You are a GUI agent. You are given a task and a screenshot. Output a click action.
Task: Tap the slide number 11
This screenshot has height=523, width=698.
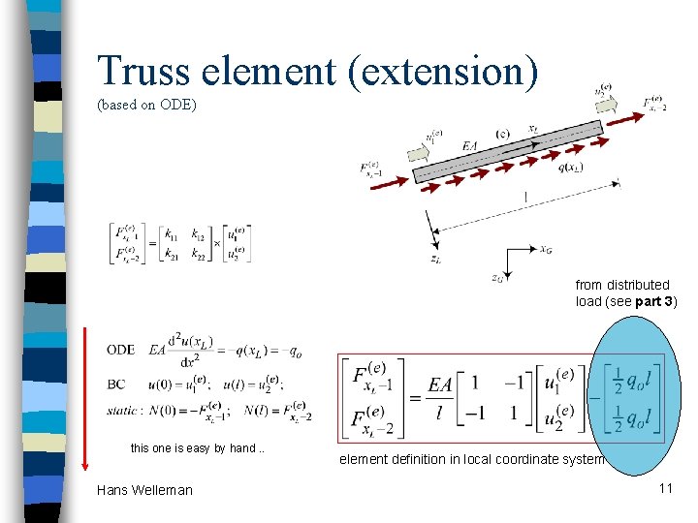665,487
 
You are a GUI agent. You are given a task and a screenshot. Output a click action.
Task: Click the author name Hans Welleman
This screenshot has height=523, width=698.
144,490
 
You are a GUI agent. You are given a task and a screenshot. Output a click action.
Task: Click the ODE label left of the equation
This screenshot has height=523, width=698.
121,350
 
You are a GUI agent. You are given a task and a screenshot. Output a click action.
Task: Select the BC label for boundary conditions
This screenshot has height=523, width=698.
116,385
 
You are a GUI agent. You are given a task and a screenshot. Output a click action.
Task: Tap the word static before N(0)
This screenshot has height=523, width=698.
122,411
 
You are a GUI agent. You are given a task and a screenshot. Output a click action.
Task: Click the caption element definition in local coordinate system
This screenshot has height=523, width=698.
472,459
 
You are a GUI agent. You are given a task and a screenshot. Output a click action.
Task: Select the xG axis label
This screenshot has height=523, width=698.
547,247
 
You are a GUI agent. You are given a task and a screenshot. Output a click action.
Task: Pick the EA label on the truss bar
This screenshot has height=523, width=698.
469,145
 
